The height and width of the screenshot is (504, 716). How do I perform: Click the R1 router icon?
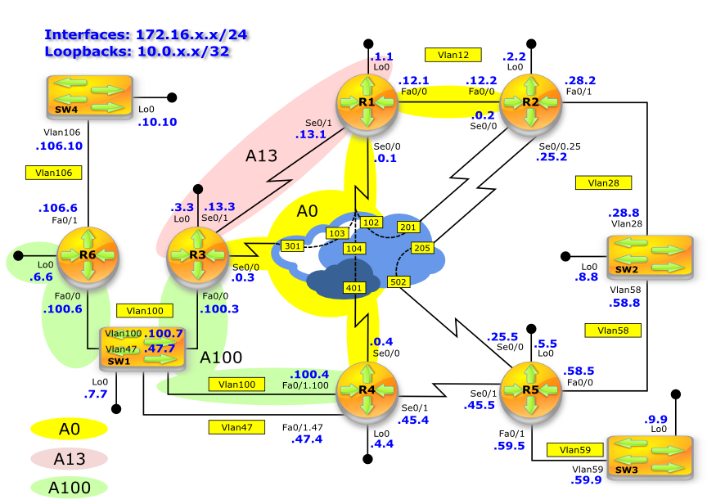pos(367,101)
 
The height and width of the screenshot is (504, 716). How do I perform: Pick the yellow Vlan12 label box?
pos(453,55)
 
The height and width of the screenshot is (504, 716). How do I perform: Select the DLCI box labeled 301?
pos(292,245)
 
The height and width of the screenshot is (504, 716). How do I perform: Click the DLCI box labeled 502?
pos(398,281)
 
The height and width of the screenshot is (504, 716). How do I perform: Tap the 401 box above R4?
pos(353,288)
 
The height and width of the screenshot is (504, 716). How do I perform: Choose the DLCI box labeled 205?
pos(421,248)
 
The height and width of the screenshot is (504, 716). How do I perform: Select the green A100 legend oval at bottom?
pos(70,488)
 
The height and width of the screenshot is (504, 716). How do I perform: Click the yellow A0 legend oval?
pos(70,429)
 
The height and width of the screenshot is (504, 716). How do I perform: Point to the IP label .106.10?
pos(59,146)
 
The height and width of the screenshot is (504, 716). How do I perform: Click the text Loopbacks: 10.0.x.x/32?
pos(137,51)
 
